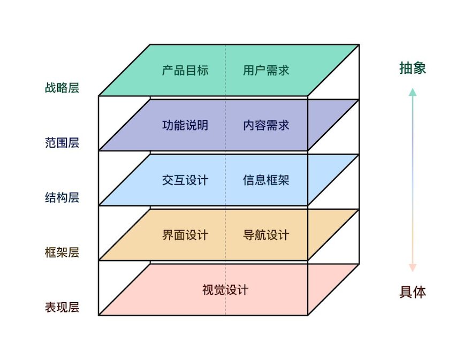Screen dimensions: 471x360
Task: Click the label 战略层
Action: (62, 88)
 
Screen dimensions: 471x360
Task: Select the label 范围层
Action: (62, 143)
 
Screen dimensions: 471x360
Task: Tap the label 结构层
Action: (62, 197)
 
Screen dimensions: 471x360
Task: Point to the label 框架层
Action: (62, 252)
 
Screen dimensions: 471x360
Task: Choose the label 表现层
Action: (62, 307)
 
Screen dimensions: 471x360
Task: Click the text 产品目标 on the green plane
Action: (185, 70)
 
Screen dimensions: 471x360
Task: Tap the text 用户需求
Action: (266, 70)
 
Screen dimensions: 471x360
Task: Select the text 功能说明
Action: (185, 125)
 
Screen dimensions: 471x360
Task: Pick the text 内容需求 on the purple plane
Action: (266, 125)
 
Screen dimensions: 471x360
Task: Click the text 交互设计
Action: (185, 180)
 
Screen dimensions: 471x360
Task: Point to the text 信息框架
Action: (266, 180)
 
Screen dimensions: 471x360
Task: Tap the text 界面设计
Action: (185, 235)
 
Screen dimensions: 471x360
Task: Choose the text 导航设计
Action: (266, 235)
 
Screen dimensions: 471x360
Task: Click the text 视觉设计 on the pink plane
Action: (225, 290)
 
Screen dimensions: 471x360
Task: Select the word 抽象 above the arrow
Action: (413, 68)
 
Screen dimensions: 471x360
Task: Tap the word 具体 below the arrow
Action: (413, 292)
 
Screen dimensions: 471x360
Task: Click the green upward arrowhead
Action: (413, 92)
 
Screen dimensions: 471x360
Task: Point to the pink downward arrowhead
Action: (413, 268)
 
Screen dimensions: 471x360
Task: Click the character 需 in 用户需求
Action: (271, 70)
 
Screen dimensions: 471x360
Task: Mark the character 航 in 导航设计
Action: (260, 235)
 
